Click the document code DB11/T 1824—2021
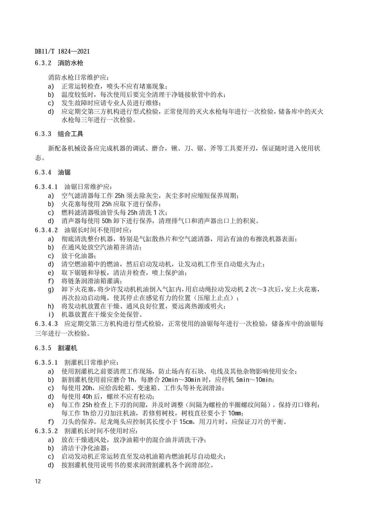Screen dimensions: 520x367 coord(62,52)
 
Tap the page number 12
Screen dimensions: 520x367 coord(38,481)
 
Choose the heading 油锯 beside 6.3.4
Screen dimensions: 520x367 coord(64,172)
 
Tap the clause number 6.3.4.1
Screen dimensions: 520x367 coord(46,187)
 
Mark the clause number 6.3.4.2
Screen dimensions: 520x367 coord(46,230)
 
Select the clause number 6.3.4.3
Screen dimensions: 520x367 coord(46,324)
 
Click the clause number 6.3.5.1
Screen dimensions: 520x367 coord(46,363)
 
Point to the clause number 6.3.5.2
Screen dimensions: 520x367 coord(46,431)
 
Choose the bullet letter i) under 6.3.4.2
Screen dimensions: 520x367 coord(51,314)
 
